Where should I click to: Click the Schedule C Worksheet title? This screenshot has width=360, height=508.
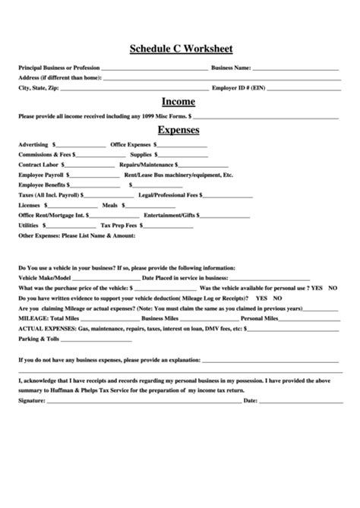[179, 49]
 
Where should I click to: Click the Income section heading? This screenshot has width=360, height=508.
[179, 102]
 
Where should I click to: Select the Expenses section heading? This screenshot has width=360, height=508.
[179, 130]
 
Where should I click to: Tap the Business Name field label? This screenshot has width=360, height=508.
[231, 68]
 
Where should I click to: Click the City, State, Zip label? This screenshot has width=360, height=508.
[38, 87]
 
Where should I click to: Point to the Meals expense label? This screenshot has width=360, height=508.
[109, 204]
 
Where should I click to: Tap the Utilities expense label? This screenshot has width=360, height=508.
[28, 225]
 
